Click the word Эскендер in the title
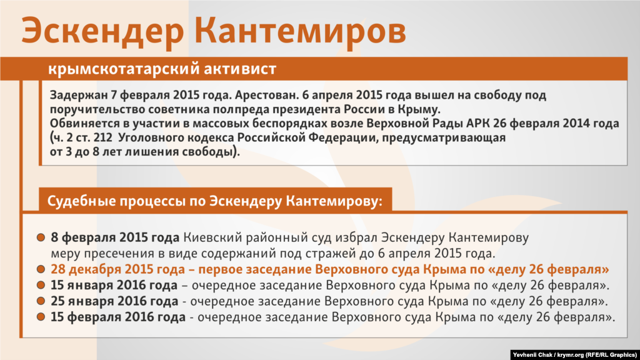pyautogui.click(x=102, y=31)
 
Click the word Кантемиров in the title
pyautogui.click(x=300, y=30)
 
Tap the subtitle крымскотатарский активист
pyautogui.click(x=162, y=69)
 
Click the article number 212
pyautogui.click(x=102, y=137)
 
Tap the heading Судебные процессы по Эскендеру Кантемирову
pyautogui.click(x=215, y=201)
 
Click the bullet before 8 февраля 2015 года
pyautogui.click(x=41, y=237)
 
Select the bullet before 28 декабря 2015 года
pyautogui.click(x=41, y=269)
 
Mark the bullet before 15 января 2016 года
pyautogui.click(x=41, y=285)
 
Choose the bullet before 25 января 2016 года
pyautogui.click(x=41, y=301)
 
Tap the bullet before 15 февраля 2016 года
pyautogui.click(x=41, y=317)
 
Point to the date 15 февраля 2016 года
pyautogui.click(x=118, y=317)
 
